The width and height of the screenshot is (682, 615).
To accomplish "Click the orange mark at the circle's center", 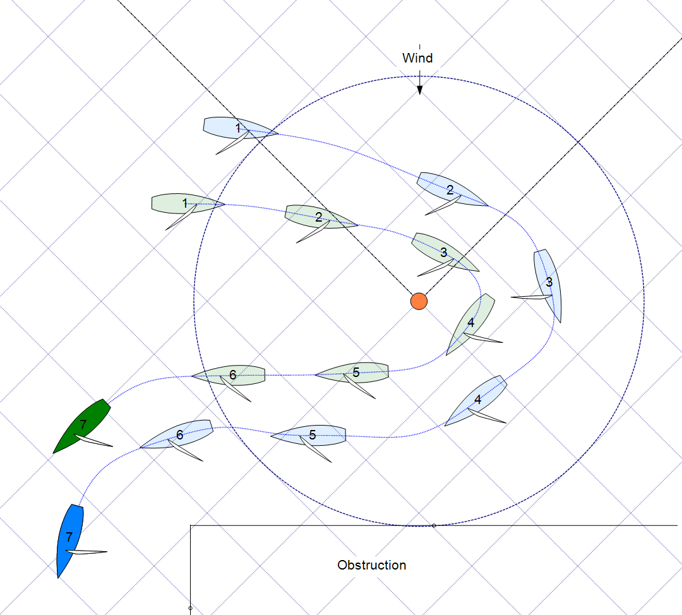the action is tap(419, 301).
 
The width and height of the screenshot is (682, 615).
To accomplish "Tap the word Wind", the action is tap(417, 58).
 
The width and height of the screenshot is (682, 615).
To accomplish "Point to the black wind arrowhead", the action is tap(419, 90).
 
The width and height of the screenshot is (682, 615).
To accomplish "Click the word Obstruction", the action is tap(371, 565).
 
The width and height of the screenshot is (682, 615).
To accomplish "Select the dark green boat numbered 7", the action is tap(82, 426).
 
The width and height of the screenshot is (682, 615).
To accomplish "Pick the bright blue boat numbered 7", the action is tap(69, 539).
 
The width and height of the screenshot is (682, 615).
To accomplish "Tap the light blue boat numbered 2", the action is tap(451, 189).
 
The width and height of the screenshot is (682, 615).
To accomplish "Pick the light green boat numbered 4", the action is tap(471, 323).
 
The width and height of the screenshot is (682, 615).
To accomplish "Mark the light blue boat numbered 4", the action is tap(477, 400).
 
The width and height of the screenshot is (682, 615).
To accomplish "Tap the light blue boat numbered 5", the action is tap(311, 434).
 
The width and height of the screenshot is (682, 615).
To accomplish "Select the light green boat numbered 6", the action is tap(230, 376).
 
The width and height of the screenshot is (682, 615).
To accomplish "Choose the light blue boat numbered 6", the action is tap(177, 434).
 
